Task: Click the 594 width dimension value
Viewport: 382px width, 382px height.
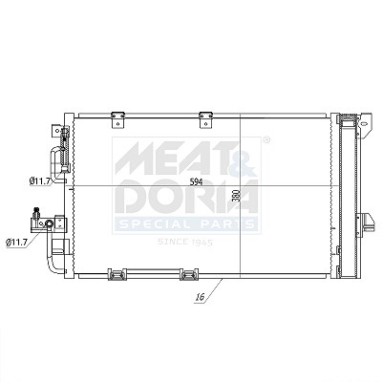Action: point(196,182)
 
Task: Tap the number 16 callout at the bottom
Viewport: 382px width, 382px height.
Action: point(200,298)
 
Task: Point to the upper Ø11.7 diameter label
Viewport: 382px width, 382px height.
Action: point(40,181)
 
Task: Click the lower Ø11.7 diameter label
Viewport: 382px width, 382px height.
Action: point(16,243)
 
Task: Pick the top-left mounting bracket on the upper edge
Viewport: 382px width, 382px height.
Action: point(117,120)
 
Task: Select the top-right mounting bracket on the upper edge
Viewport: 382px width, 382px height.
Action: point(205,120)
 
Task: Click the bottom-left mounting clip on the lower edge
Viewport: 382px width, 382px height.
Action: point(117,274)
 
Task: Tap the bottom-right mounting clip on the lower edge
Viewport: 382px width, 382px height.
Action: point(189,274)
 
